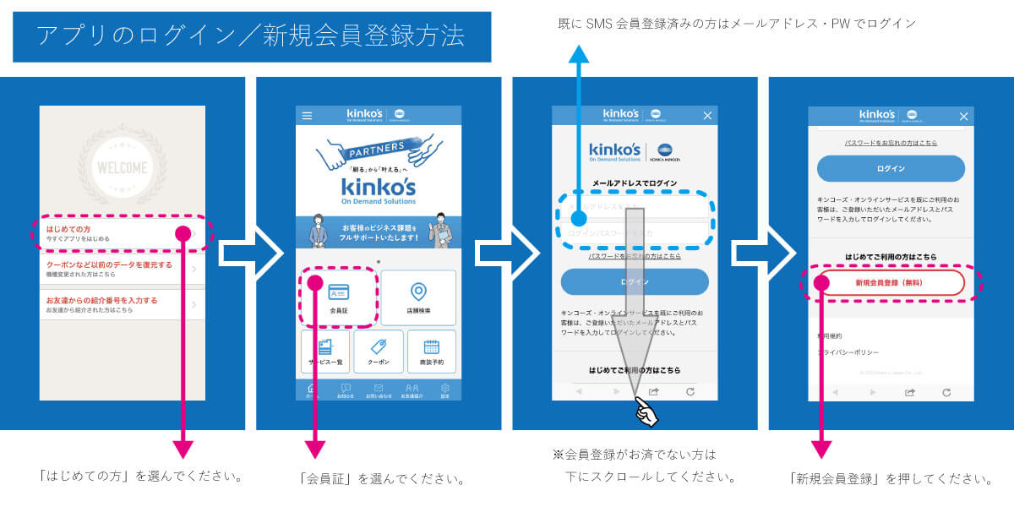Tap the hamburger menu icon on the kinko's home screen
[307, 116]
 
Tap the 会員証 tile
[338, 297]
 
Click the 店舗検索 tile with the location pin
[417, 297]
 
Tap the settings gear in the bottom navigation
[444, 390]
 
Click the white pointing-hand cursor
[646, 412]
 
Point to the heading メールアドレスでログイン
[634, 183]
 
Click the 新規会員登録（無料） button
[891, 283]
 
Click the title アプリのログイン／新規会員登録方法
[251, 36]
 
